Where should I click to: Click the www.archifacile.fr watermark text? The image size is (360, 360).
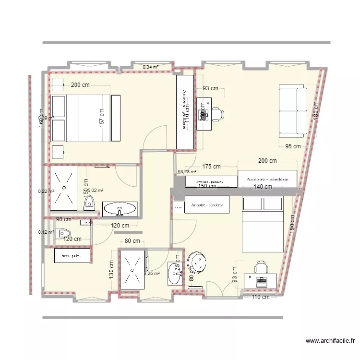pos(330,341)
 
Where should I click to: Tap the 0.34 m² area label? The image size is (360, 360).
pos(150,67)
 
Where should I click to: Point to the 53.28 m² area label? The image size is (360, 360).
pos(187,171)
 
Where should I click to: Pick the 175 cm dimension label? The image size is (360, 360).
pos(211,167)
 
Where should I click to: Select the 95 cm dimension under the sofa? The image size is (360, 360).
pos(293,146)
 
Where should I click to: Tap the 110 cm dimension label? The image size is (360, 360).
pos(261,297)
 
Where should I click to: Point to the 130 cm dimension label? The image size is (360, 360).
pos(111,270)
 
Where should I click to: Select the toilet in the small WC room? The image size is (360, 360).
pos(63,234)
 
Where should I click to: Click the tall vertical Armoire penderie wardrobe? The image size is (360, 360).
pos(185,111)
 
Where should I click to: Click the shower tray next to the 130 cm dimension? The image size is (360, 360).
pos(132,270)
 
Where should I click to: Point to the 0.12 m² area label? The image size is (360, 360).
pos(46,232)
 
